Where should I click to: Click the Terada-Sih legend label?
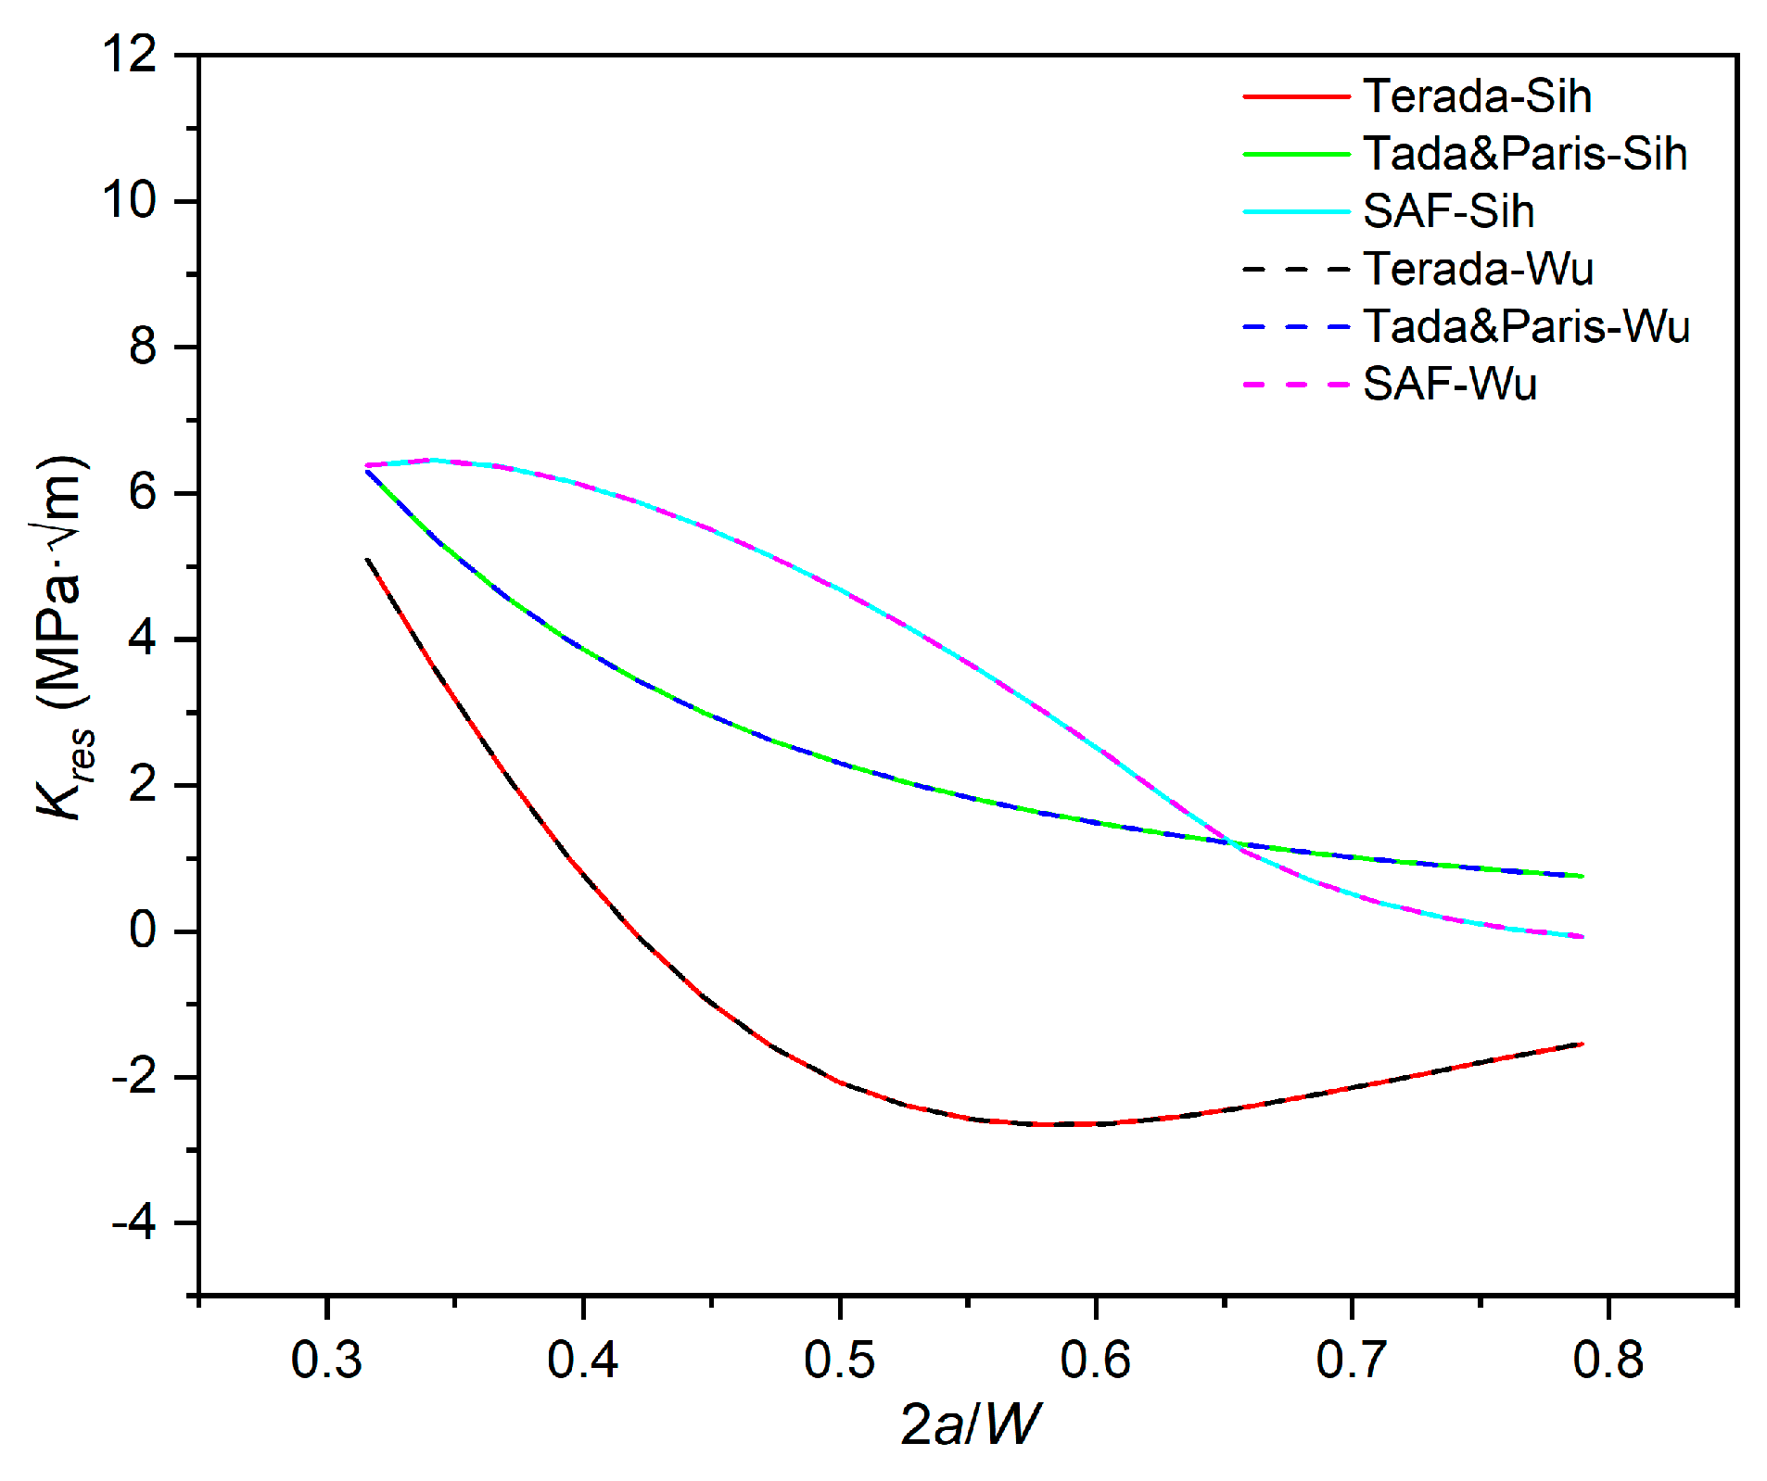pos(1477,96)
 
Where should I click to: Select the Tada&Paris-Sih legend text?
pos(1525,154)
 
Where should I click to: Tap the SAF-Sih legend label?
pos(1448,211)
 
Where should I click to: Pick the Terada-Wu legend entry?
pos(1478,269)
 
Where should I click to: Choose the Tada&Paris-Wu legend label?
pos(1526,326)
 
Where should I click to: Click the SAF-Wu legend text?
pos(1449,384)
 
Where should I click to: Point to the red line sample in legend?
pos(1295,96)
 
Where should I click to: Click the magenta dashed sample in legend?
pos(1295,384)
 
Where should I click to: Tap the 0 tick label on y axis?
pos(143,930)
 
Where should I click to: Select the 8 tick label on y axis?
pos(143,347)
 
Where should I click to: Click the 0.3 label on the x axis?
pos(326,1360)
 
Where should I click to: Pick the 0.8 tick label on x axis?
pos(1608,1360)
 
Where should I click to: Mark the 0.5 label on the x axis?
pos(839,1360)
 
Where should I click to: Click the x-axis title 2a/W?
pos(970,1424)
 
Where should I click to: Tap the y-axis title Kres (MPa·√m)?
pos(63,639)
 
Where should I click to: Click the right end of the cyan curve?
pos(1583,937)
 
